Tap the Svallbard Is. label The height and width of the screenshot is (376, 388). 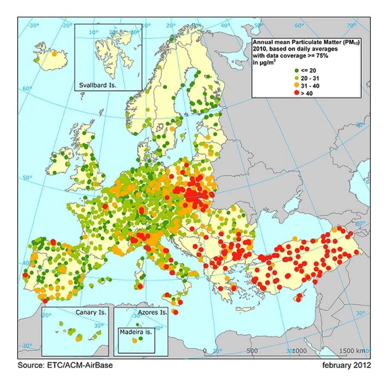(x=98, y=85)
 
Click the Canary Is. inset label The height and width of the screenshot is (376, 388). (x=91, y=312)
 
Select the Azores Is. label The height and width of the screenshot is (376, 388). (x=152, y=312)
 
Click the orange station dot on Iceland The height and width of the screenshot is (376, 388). (x=54, y=54)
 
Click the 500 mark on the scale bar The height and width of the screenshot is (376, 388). (x=252, y=351)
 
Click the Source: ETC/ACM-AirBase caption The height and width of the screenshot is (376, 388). (x=65, y=365)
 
